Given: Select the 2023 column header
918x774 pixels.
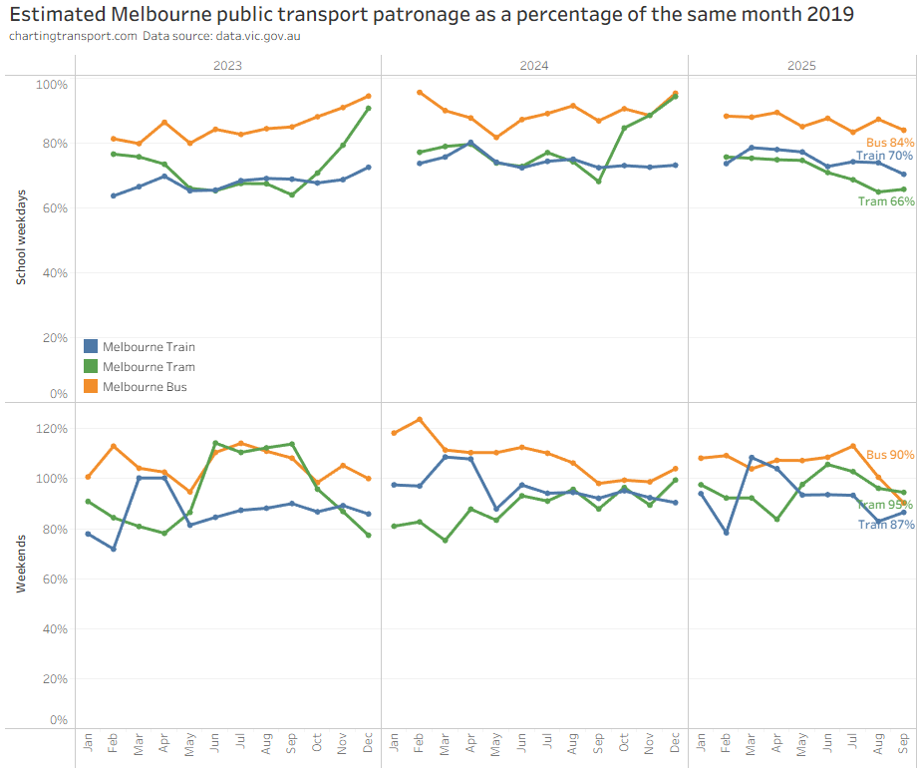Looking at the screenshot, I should pos(227,66).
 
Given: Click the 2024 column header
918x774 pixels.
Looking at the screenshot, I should pos(534,66).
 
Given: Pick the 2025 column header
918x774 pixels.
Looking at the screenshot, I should pos(801,66).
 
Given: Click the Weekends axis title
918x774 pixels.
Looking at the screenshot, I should pos(20,564).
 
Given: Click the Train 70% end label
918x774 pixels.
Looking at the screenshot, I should pos(885,157).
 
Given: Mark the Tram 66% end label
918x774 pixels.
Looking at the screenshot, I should pos(886,201).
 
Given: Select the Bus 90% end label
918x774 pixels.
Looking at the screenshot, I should pos(890,455).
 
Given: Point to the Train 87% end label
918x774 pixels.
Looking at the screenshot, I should pos(886,525).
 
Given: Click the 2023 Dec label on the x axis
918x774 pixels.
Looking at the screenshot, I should pos(368,744).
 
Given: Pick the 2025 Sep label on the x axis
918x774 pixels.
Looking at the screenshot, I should pos(904,744).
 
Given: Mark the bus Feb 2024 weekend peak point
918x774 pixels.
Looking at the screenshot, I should pos(420,419).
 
